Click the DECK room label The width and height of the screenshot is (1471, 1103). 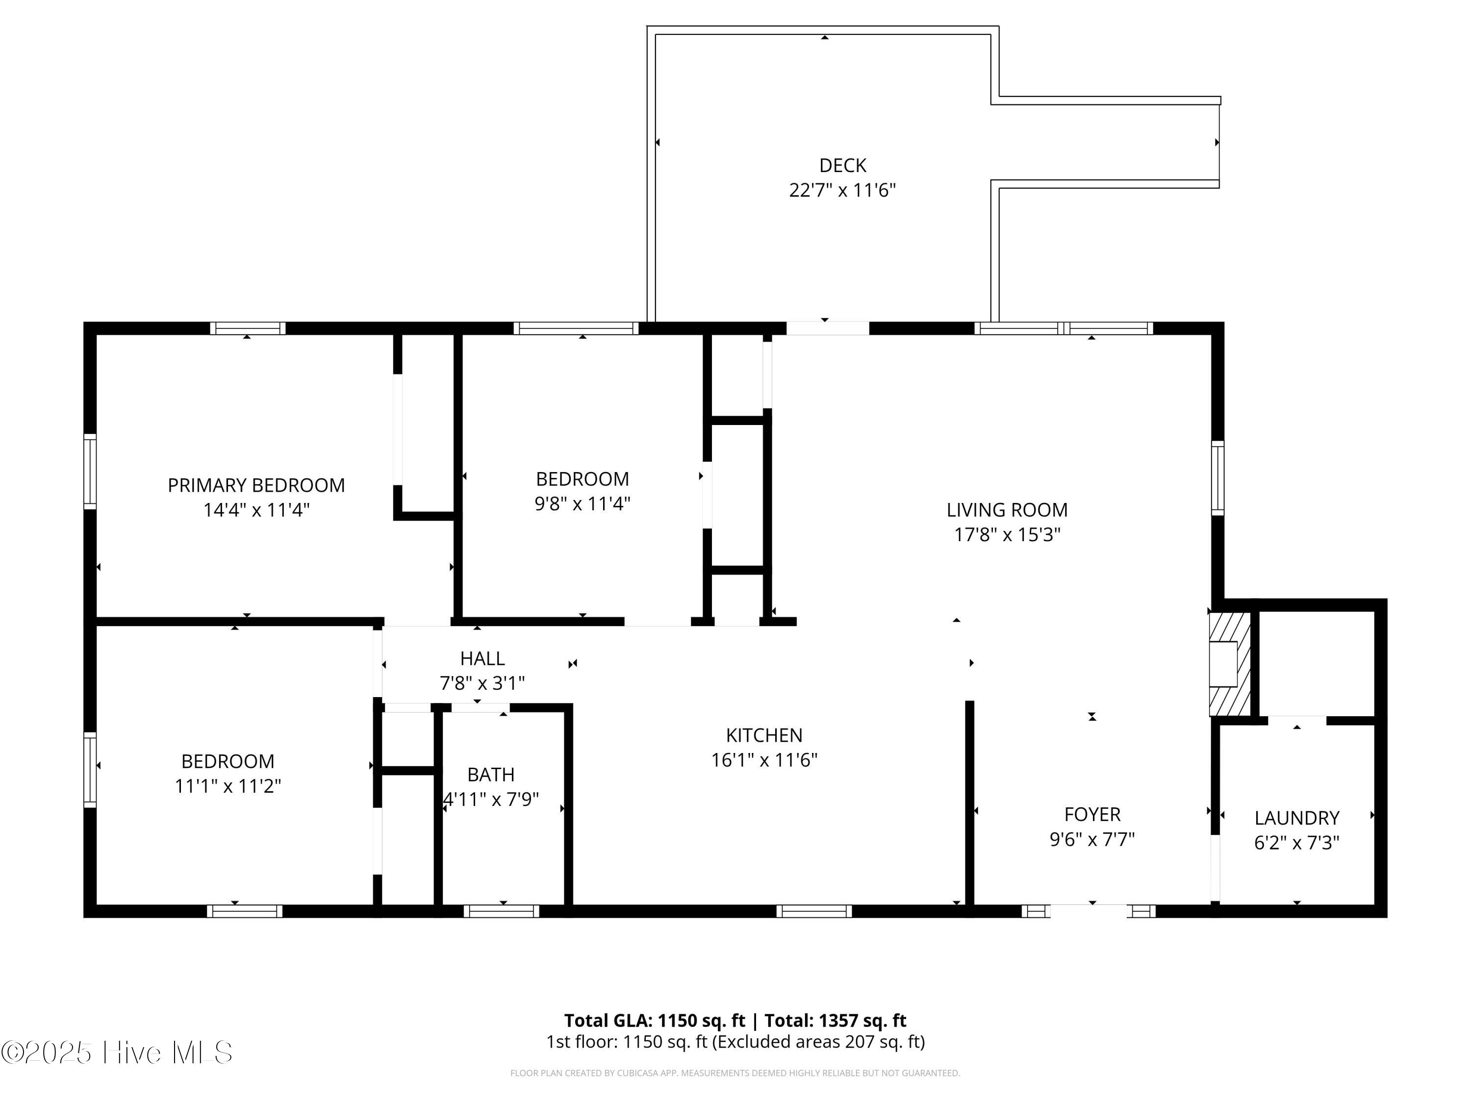(842, 165)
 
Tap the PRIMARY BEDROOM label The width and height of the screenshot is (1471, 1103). (256, 485)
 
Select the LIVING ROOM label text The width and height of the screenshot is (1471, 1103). (1007, 510)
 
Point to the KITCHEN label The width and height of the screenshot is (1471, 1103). (764, 735)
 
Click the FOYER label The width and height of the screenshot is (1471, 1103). (1092, 814)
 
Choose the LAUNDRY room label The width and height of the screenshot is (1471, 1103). (1297, 818)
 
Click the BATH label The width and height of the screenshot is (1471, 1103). (491, 775)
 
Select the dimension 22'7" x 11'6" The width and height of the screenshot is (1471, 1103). (842, 191)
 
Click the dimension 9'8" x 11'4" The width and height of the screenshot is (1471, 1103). (583, 504)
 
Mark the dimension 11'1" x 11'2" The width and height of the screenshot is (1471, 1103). (228, 786)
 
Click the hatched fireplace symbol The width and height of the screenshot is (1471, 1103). (1230, 664)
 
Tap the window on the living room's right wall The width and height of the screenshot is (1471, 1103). (1217, 478)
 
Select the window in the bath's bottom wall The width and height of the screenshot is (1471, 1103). (502, 911)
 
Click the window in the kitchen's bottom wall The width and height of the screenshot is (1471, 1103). (814, 911)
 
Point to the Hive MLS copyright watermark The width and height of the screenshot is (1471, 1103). (117, 1053)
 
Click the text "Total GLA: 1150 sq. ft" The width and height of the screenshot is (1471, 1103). (655, 1021)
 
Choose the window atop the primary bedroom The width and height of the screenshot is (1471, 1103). (248, 328)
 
